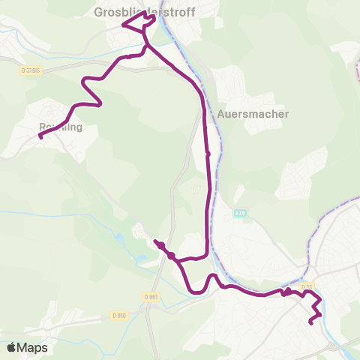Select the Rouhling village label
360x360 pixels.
click(59, 127)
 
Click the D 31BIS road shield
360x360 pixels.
click(30, 70)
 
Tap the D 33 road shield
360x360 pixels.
click(306, 286)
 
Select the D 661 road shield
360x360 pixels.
click(150, 295)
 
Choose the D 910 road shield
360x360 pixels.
click(118, 315)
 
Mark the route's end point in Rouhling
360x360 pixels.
click(40, 136)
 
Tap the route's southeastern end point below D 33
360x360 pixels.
click(310, 322)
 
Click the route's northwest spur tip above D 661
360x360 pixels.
click(155, 241)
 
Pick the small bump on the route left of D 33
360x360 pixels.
click(287, 289)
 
